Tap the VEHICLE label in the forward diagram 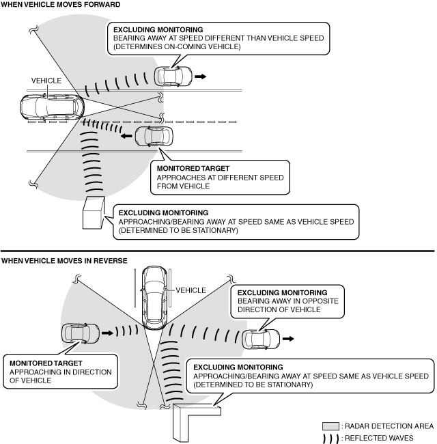(46, 81)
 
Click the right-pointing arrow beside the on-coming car (200, 77)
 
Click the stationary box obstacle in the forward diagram (94, 213)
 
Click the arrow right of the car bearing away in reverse (290, 338)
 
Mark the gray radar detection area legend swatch (330, 425)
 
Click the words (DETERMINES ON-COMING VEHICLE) (178, 47)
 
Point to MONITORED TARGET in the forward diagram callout (193, 168)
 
